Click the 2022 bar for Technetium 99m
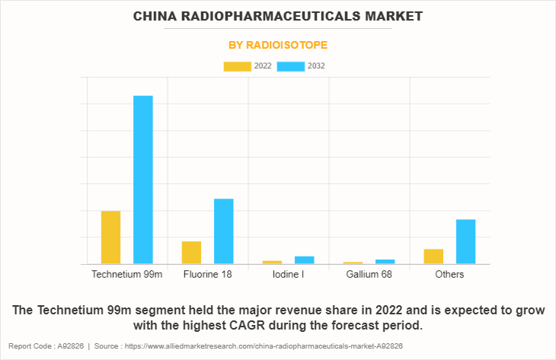tap(110, 237)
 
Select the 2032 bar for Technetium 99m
tap(143, 180)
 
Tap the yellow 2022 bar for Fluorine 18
tap(191, 253)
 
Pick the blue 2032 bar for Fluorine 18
tap(224, 231)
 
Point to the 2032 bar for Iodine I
tap(305, 260)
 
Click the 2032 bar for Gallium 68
tap(385, 262)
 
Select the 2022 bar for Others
tap(433, 256)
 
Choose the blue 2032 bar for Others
tap(465, 241)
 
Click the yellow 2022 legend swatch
tap(237, 66)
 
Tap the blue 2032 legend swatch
tap(291, 66)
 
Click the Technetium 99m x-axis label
tap(126, 274)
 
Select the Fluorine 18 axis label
tap(207, 274)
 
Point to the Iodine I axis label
tap(288, 274)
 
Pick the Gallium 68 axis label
tap(369, 274)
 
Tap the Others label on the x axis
tap(449, 274)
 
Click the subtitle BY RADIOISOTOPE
tap(278, 46)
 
